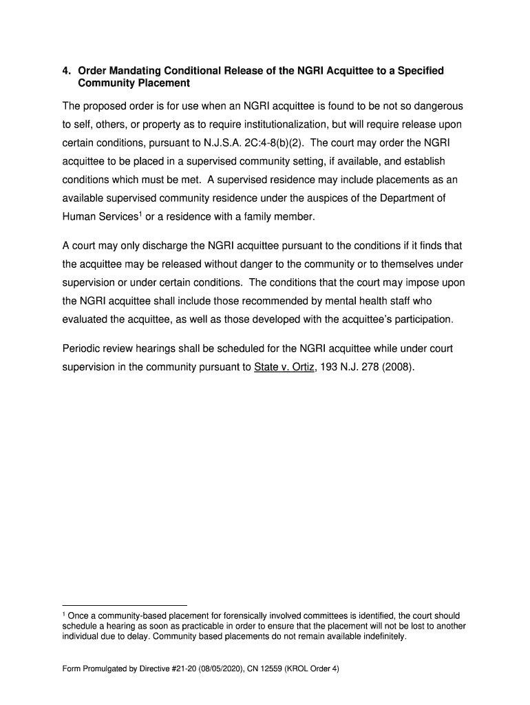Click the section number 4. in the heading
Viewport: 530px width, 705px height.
(x=67, y=71)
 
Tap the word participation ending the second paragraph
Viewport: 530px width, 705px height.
(x=424, y=320)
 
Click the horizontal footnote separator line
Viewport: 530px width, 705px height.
(x=125, y=605)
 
